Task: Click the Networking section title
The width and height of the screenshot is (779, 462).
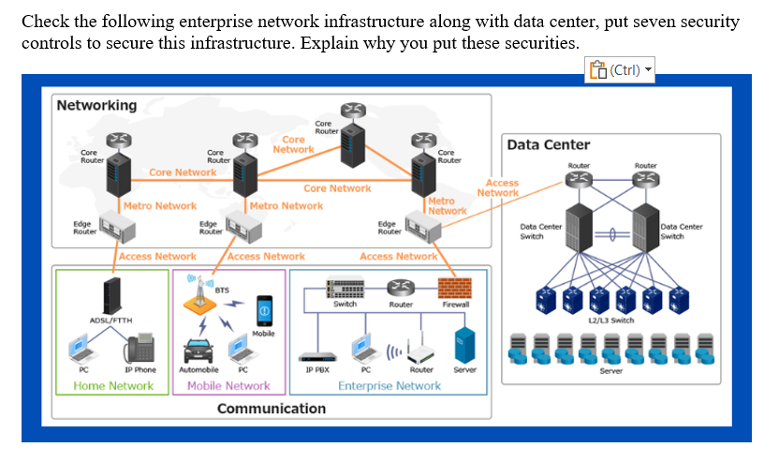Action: point(96,105)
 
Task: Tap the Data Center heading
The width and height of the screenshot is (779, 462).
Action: point(549,144)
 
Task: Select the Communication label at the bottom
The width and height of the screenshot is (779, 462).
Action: point(272,409)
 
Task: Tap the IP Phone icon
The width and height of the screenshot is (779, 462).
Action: point(140,350)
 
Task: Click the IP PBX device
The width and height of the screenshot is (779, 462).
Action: point(316,357)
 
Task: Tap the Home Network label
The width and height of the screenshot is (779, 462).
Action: point(112,385)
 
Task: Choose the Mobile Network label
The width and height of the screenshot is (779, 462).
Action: point(228,385)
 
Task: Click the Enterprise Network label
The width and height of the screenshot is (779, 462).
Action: point(389,385)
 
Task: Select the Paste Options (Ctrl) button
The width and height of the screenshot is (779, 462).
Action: point(619,69)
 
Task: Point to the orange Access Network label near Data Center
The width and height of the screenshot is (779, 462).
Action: point(501,188)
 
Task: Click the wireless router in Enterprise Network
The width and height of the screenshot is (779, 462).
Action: point(420,352)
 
